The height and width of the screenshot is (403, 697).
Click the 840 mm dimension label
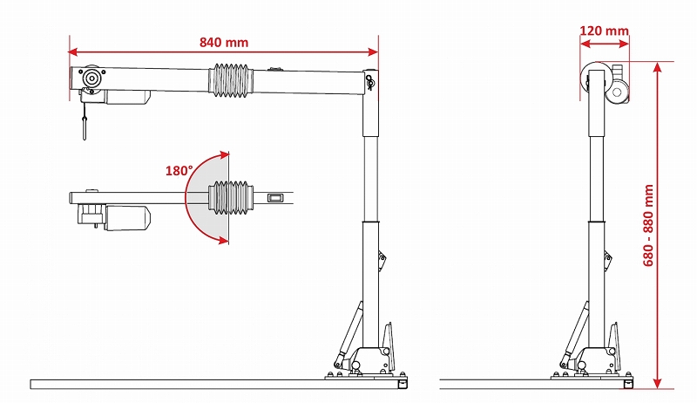(x=224, y=43)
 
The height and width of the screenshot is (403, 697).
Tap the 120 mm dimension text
(x=604, y=31)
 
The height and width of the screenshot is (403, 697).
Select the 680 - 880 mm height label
(x=648, y=225)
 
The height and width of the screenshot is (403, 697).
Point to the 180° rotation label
(x=179, y=170)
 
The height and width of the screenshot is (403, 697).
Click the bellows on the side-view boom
(x=231, y=80)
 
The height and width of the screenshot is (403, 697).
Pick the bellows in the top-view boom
(x=231, y=197)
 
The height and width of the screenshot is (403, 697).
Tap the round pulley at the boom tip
(x=91, y=79)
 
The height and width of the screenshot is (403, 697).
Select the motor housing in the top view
(x=128, y=218)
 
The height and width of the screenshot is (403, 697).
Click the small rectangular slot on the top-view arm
(x=274, y=198)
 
